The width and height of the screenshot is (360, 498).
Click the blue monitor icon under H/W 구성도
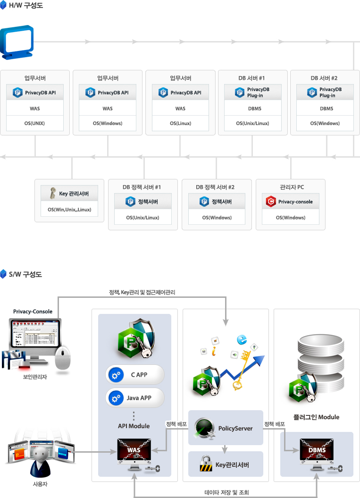click(x=17, y=42)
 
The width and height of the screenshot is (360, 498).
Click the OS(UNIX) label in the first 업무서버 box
click(x=35, y=124)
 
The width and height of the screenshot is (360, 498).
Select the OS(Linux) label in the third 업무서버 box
click(x=180, y=124)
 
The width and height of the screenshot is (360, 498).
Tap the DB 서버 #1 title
click(x=252, y=78)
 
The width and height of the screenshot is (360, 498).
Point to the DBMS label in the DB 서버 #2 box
click(x=326, y=109)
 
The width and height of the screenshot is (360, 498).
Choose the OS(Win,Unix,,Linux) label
click(x=69, y=210)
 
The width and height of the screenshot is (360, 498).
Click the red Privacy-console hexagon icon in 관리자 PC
click(x=270, y=202)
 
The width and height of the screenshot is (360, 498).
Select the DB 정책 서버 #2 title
click(x=215, y=187)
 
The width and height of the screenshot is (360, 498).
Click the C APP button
click(x=135, y=375)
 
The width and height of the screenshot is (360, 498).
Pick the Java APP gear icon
click(x=115, y=398)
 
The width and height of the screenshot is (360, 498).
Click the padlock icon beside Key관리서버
click(x=206, y=465)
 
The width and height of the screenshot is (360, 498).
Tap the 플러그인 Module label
click(x=317, y=417)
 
